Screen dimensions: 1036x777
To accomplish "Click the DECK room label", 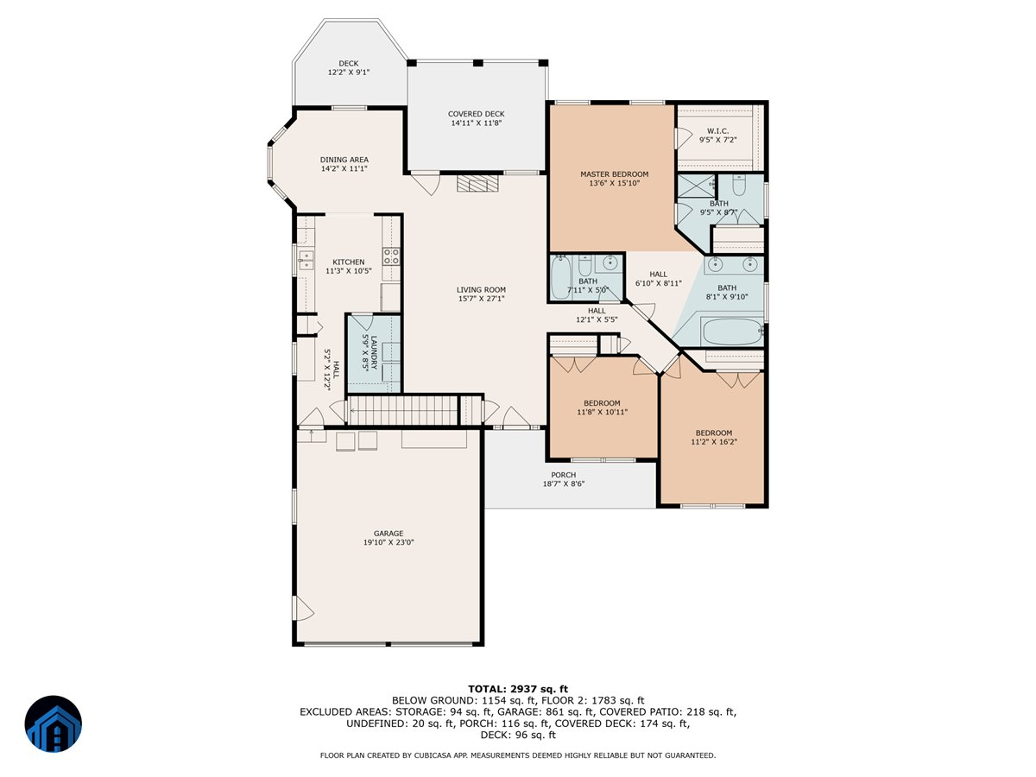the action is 348,63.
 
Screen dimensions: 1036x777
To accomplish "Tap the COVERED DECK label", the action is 476,114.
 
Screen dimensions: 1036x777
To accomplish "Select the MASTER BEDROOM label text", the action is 614,174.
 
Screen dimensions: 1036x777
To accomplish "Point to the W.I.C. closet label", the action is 717,130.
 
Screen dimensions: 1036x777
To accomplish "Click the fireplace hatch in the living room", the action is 477,183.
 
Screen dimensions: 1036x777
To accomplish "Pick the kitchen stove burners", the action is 391,256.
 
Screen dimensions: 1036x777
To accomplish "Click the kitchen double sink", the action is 306,260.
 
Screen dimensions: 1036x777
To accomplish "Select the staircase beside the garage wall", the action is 402,410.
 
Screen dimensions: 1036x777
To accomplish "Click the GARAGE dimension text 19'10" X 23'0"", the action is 388,542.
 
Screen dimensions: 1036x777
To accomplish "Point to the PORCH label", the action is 563,475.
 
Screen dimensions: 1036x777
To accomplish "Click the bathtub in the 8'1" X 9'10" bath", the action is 731,332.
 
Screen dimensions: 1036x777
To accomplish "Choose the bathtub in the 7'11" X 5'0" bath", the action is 561,277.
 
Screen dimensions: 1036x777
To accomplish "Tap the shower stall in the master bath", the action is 696,186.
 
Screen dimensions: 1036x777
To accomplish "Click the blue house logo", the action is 54,723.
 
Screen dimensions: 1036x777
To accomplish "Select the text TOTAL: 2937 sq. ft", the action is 518,689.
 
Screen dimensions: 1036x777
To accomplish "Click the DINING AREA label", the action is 344,160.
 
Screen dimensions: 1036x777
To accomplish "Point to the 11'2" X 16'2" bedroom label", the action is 714,438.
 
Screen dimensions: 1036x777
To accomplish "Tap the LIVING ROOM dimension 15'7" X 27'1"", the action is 481,299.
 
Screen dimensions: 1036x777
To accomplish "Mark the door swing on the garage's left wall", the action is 304,608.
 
